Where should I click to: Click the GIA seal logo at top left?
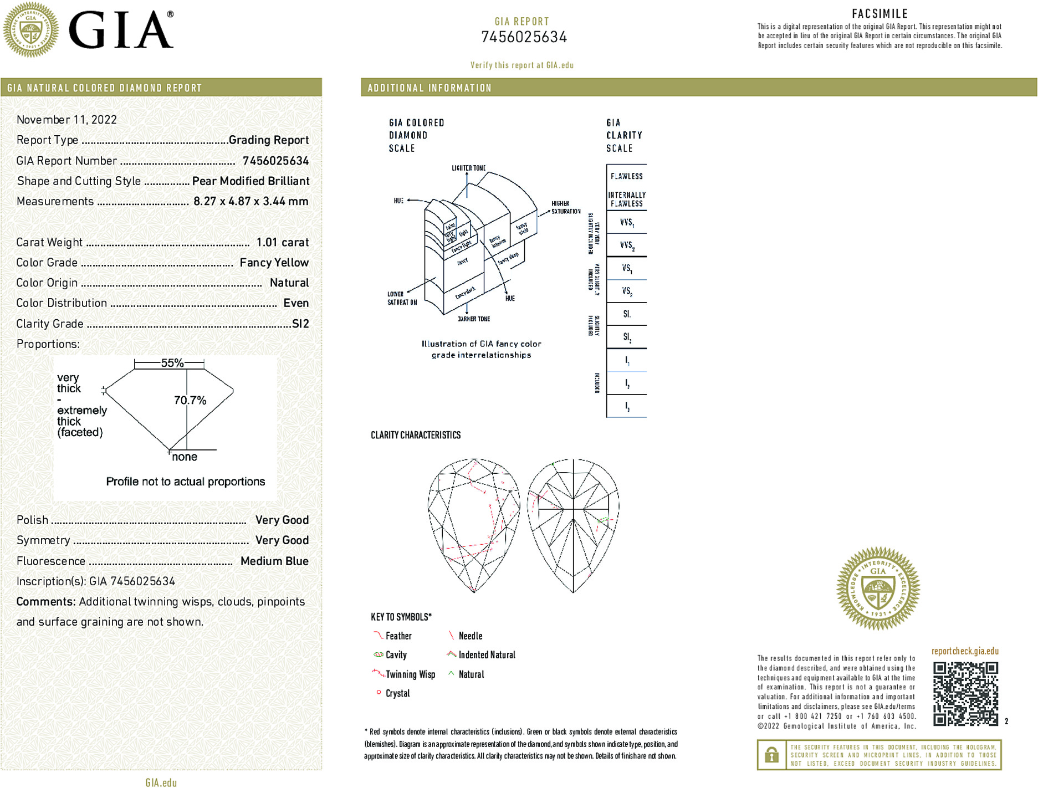[x=31, y=29]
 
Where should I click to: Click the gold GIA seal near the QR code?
[x=878, y=589]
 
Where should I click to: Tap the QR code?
[x=965, y=694]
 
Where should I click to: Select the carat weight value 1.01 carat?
[x=282, y=242]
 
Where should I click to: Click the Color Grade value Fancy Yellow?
[x=274, y=263]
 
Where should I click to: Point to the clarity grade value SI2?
[x=300, y=324]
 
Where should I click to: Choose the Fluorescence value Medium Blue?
[x=274, y=561]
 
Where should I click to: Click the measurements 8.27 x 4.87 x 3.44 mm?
[x=250, y=201]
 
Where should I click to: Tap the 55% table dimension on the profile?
[x=172, y=363]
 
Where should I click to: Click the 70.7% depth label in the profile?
[x=190, y=400]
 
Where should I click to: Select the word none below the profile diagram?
[x=185, y=457]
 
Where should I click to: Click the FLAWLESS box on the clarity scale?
[x=626, y=176]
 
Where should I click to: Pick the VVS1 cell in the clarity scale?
[x=627, y=223]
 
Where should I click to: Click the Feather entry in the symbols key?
[x=398, y=636]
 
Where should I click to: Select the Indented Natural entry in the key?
[x=486, y=655]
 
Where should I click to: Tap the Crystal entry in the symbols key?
[x=397, y=693]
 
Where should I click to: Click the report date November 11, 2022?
[x=67, y=120]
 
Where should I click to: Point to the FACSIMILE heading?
[x=880, y=14]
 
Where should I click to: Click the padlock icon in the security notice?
[x=771, y=755]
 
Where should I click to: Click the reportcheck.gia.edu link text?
[x=965, y=651]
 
